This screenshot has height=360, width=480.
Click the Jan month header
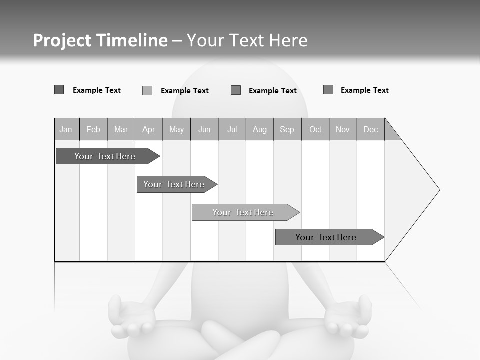[66, 130]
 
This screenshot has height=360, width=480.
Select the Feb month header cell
[93, 130]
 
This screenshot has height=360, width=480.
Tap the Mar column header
[121, 130]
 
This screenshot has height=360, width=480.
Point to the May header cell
[176, 130]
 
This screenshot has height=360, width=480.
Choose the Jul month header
[232, 130]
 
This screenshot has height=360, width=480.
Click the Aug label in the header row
[259, 130]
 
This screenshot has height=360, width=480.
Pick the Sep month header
[287, 130]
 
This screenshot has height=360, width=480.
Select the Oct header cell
[315, 130]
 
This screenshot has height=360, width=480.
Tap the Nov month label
[342, 130]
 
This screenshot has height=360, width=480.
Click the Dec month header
[370, 130]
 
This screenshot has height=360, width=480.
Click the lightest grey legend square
[147, 90]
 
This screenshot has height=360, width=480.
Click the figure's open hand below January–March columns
[131, 318]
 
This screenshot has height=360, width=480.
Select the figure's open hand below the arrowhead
[348, 318]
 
